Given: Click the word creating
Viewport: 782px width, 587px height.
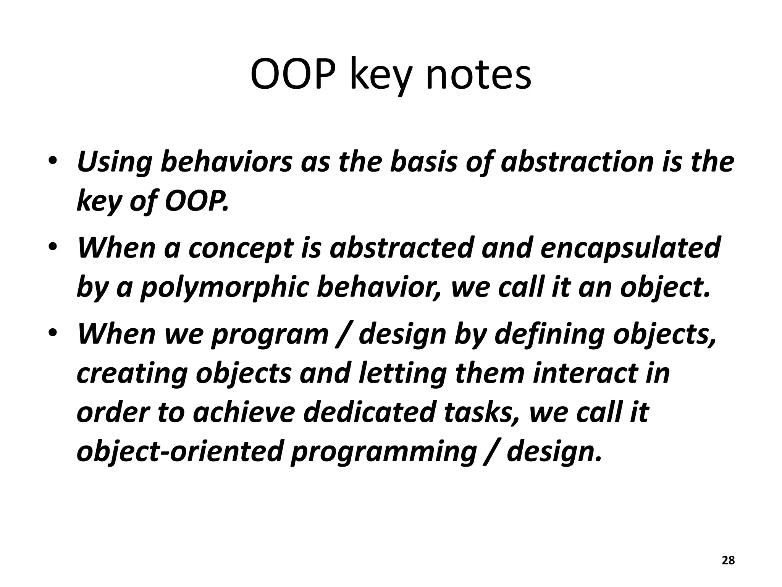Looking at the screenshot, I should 131,374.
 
